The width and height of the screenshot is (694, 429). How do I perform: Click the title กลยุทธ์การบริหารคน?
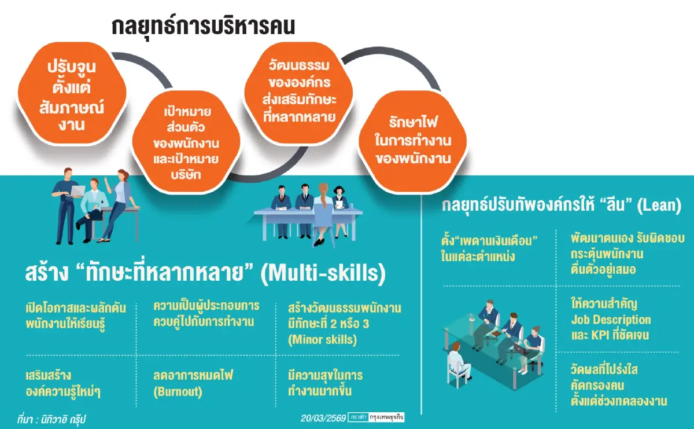click(x=204, y=27)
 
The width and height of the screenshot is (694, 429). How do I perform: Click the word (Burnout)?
click(x=178, y=391)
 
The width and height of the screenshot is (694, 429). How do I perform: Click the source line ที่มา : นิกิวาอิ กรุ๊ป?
click(x=55, y=417)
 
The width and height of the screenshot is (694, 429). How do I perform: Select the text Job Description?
click(x=610, y=320)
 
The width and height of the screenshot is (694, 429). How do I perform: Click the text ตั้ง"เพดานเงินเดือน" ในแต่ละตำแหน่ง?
click(x=489, y=247)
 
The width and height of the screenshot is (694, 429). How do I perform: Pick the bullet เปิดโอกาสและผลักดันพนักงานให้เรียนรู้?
click(x=75, y=315)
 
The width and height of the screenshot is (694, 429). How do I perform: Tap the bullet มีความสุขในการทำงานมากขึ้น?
click(x=325, y=383)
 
